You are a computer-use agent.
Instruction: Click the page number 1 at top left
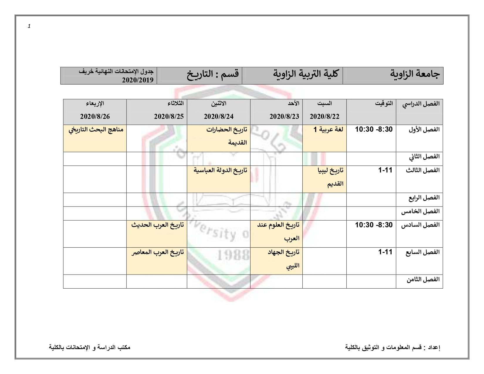coord(29,26)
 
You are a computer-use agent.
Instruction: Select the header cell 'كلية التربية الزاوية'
coord(306,74)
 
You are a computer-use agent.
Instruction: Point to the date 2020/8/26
coord(95,116)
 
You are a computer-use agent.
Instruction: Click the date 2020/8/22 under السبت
coord(324,116)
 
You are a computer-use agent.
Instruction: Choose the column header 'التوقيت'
coord(384,104)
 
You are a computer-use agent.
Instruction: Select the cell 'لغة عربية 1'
coord(328,130)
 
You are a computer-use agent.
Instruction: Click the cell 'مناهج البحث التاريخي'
coord(96,130)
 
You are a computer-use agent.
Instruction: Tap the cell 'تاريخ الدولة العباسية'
coord(220,170)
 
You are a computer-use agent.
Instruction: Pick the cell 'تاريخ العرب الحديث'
coord(158,225)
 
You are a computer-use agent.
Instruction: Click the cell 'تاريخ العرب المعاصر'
coord(158,252)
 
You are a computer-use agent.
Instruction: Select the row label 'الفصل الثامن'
coord(423,280)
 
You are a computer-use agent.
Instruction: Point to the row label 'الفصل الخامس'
coord(420,211)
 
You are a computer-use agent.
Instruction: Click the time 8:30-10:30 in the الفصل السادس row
coord(374,225)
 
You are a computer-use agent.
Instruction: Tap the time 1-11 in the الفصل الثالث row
coord(385,170)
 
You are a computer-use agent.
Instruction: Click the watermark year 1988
coord(233,255)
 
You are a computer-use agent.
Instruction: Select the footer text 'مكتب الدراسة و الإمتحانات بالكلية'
coord(90,348)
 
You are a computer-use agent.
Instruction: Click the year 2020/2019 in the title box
coord(138,80)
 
